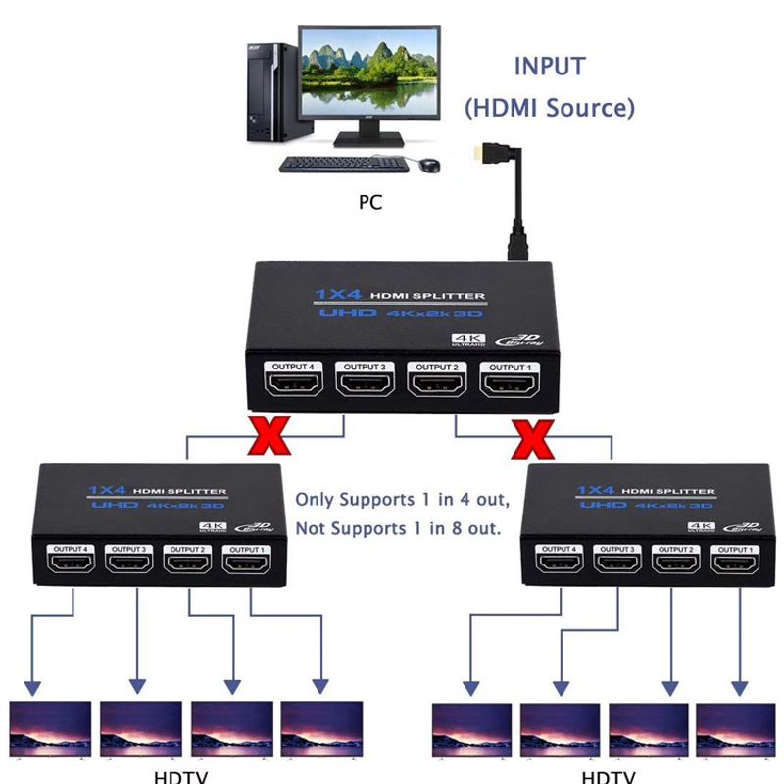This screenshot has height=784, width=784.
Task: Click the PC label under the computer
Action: (x=370, y=203)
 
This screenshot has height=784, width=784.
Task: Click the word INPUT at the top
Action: (x=549, y=68)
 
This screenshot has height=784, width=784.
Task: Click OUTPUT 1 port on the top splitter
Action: (x=509, y=384)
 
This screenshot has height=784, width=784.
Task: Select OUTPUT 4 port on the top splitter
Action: (x=292, y=384)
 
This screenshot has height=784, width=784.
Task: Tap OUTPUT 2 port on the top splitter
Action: (x=437, y=384)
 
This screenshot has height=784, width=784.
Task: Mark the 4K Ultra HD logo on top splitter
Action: (x=462, y=340)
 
